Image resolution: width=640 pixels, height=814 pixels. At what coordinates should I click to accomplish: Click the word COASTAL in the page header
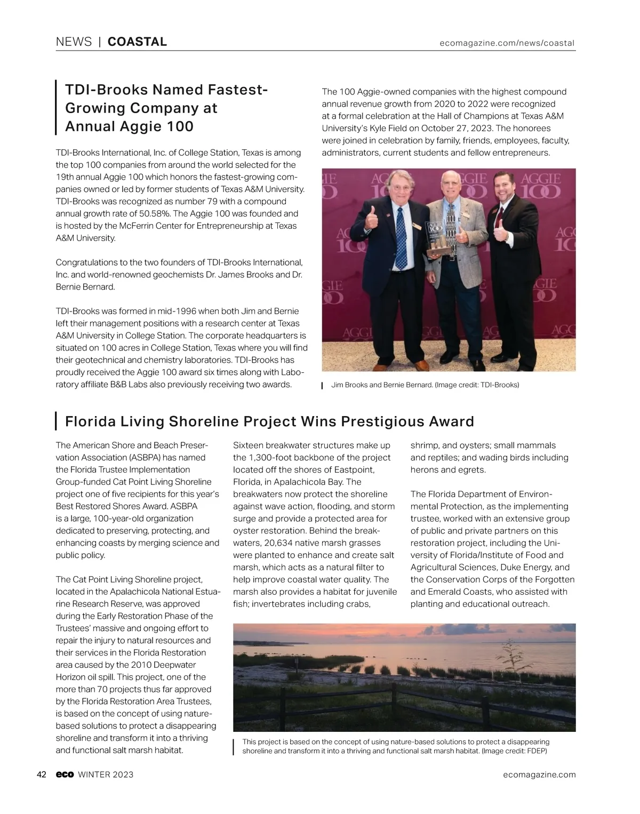click(x=137, y=42)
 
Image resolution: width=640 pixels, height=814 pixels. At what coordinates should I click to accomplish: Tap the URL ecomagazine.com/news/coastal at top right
click(x=507, y=43)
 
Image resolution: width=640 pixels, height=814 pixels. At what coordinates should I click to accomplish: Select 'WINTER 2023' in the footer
click(x=106, y=775)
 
